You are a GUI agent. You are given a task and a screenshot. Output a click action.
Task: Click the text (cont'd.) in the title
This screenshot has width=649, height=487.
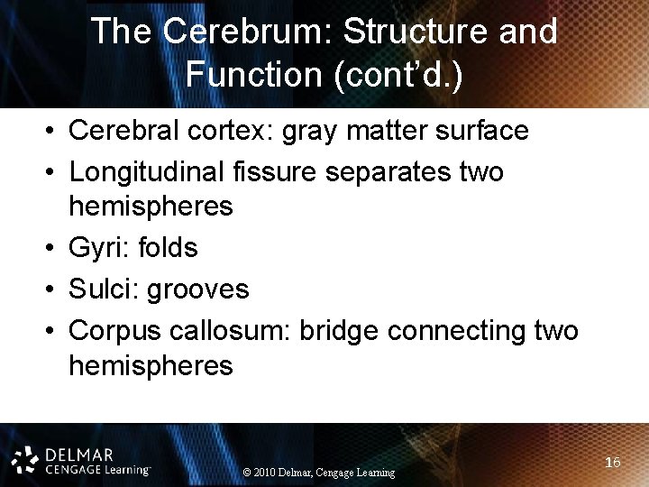click(398, 75)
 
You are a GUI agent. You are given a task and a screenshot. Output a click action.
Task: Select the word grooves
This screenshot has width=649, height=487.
click(197, 289)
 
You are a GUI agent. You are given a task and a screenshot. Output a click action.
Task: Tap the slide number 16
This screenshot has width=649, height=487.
click(613, 463)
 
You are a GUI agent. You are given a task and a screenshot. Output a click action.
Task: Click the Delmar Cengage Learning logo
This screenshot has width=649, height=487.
click(81, 459)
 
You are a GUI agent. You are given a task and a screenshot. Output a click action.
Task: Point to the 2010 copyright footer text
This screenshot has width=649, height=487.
click(319, 473)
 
